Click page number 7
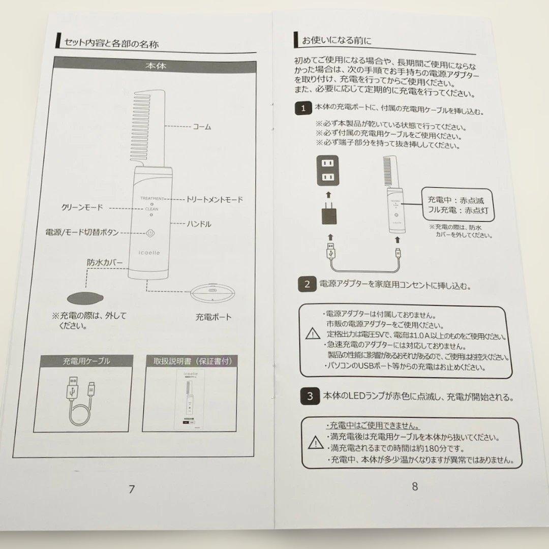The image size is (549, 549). tap(132, 489)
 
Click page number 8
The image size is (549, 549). tap(414, 486)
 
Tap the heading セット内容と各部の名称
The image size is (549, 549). tap(109, 43)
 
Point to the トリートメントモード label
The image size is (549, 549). tap(215, 199)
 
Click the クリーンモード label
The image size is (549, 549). tap(82, 207)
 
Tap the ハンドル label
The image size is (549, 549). tap(199, 224)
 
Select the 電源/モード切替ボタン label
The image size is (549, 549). tap(82, 232)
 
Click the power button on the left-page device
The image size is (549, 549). tap(150, 233)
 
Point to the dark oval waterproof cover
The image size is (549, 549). tap(84, 296)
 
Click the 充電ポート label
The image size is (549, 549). tap(213, 317)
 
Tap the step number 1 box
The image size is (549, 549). tap(303, 108)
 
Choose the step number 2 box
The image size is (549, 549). tap(307, 284)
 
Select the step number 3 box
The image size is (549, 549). tap(310, 396)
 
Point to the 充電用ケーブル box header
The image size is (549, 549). tap(86, 361)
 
